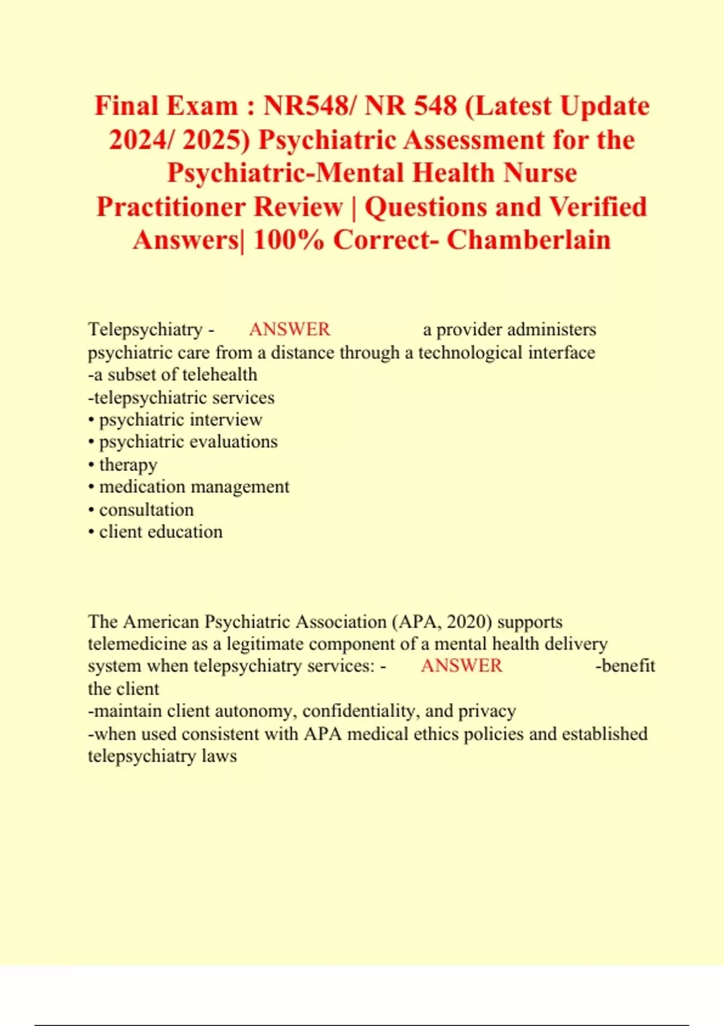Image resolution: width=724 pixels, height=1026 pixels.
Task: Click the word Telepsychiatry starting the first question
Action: click(145, 330)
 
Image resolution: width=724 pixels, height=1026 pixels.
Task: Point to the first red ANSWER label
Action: click(290, 330)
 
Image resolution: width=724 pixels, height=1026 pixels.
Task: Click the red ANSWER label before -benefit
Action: click(462, 666)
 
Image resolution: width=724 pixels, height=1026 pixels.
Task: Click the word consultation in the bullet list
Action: click(147, 510)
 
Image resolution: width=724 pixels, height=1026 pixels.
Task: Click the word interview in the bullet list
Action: click(226, 419)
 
